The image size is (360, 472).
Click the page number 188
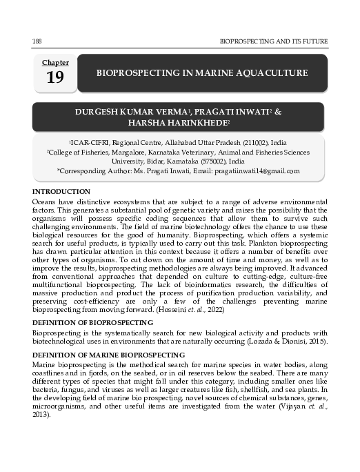click(x=37, y=41)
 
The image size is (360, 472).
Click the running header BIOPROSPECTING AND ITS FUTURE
click(x=273, y=41)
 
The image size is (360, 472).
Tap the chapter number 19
click(x=55, y=77)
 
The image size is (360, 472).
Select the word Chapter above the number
click(x=55, y=62)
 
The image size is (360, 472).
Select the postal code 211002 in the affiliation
click(x=255, y=143)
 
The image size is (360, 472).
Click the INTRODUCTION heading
click(x=61, y=190)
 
